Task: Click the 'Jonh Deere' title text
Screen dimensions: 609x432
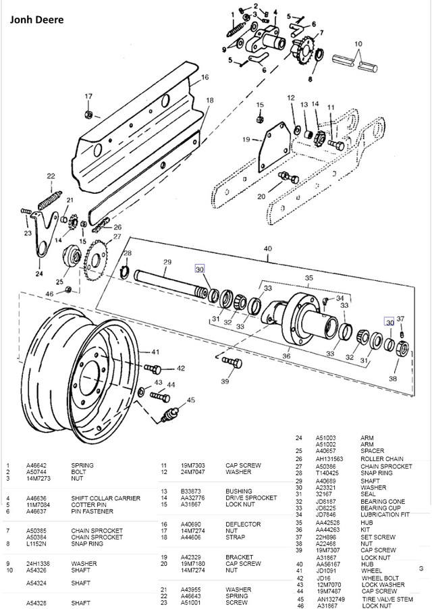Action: pyautogui.click(x=38, y=20)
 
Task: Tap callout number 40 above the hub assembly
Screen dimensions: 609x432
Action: pyautogui.click(x=269, y=248)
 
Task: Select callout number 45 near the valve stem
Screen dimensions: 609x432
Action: pyautogui.click(x=191, y=400)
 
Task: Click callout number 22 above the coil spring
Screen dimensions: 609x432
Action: pyautogui.click(x=50, y=176)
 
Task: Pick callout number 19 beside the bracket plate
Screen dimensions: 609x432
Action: pyautogui.click(x=247, y=140)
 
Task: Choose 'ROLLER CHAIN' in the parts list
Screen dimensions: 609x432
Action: pyautogui.click(x=382, y=458)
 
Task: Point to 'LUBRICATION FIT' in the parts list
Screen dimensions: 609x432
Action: pyautogui.click(x=386, y=515)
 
